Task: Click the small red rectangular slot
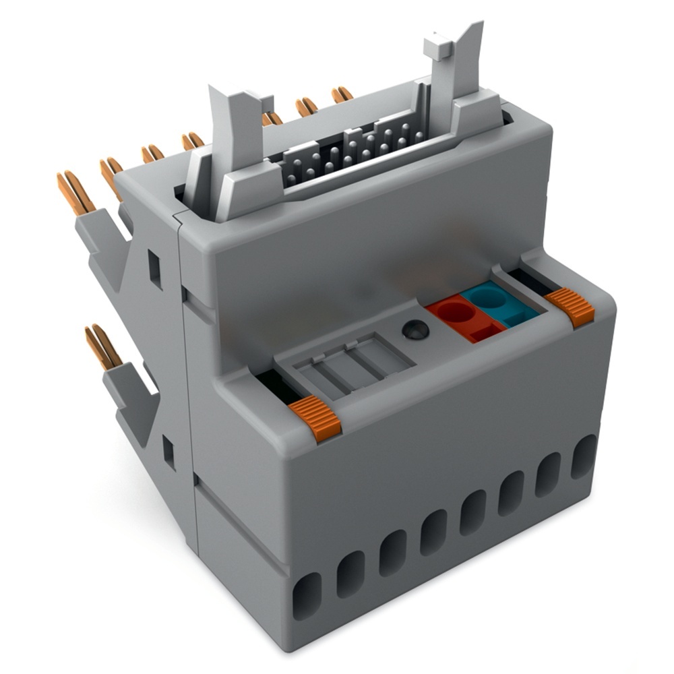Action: click(x=483, y=332)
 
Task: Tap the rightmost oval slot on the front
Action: click(x=584, y=456)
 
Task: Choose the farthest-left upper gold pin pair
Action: click(x=75, y=192)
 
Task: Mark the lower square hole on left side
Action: click(x=168, y=452)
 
